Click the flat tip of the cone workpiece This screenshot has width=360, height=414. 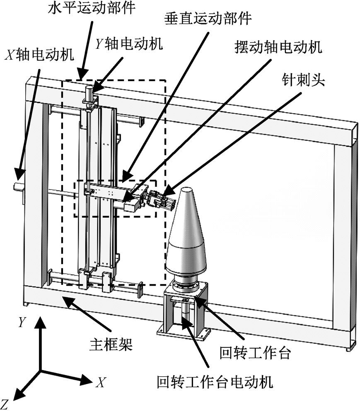pyautogui.click(x=187, y=190)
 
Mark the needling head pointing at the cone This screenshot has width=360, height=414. pyautogui.click(x=162, y=201)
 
